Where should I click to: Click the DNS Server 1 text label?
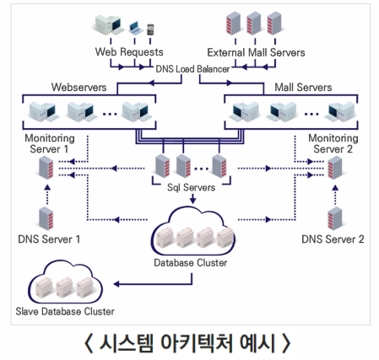[x=49, y=239]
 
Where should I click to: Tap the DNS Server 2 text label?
[x=332, y=239]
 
